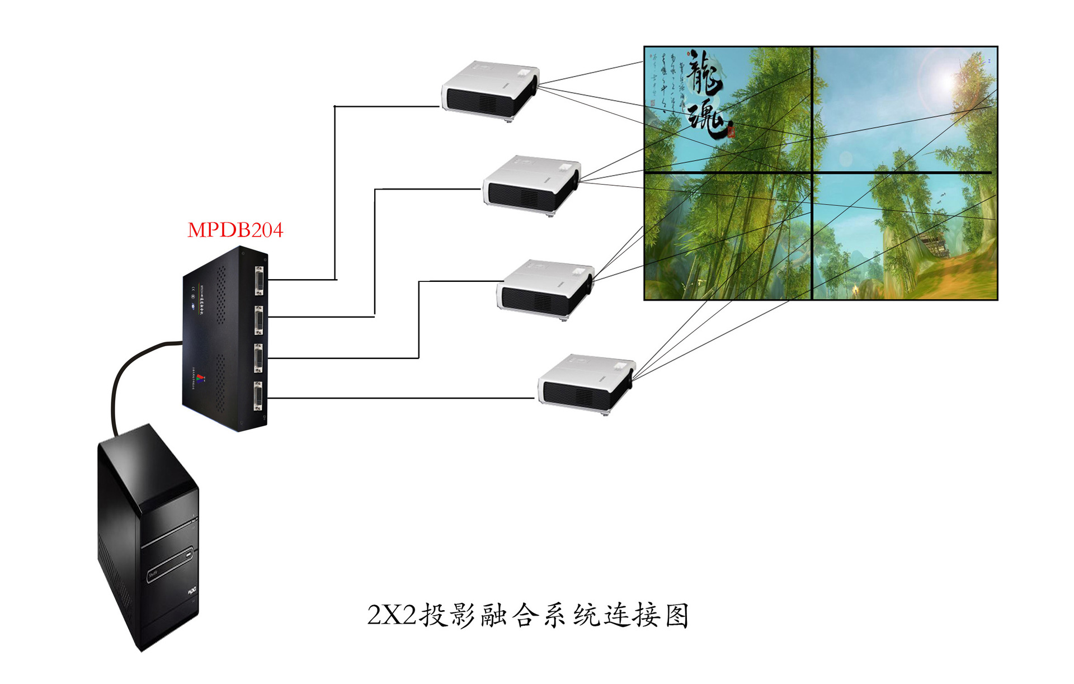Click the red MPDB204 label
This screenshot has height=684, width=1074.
click(x=235, y=230)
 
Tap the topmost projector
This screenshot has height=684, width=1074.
click(x=489, y=89)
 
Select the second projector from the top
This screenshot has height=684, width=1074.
click(x=531, y=184)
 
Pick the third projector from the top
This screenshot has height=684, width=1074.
click(x=545, y=288)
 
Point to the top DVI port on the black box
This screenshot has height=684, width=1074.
click(x=259, y=280)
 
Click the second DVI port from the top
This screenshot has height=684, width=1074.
click(x=259, y=320)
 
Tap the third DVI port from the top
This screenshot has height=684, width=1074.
click(x=259, y=358)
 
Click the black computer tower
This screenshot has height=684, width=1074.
click(x=148, y=537)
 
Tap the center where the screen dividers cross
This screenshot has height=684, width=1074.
click(x=812, y=172)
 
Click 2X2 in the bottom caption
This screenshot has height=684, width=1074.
click(x=392, y=615)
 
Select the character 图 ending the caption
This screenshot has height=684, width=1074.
click(x=677, y=615)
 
